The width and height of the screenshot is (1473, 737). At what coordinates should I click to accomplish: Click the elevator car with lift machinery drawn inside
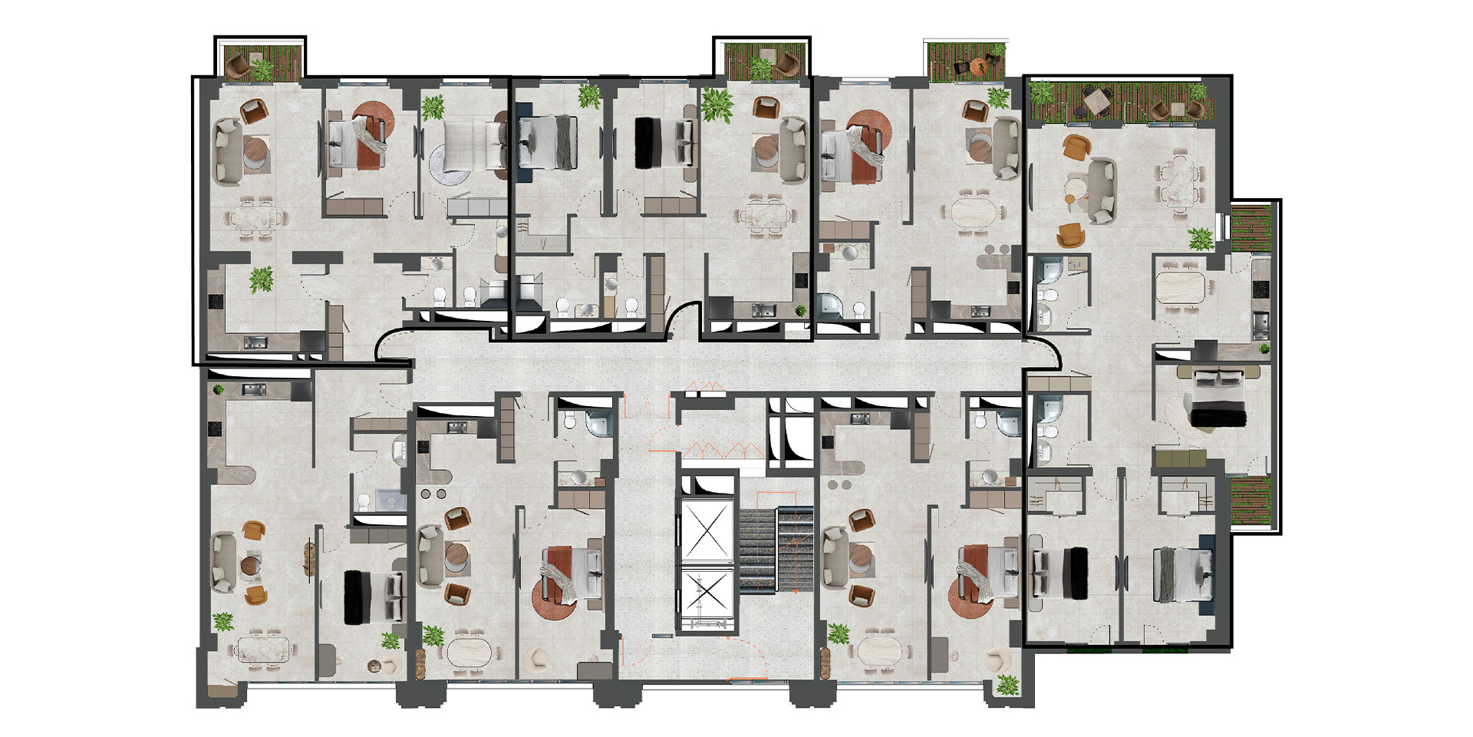tap(707, 599)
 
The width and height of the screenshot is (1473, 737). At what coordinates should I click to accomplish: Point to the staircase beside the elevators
tap(775, 549)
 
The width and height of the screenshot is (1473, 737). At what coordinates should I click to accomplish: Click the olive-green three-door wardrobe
tap(1180, 459)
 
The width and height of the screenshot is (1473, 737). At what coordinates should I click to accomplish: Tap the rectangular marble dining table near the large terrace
tap(1179, 183)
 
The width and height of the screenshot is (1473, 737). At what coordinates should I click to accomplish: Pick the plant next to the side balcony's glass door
tap(1201, 239)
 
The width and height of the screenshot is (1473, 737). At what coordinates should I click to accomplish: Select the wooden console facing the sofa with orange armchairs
tap(310, 559)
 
